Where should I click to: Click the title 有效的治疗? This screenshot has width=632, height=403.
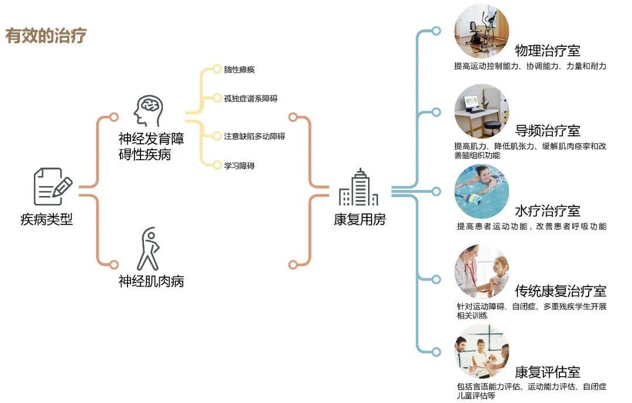pyautogui.click(x=46, y=36)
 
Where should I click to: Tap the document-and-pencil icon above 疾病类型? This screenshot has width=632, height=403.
pyautogui.click(x=53, y=187)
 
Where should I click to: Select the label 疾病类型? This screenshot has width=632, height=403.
pyautogui.click(x=47, y=220)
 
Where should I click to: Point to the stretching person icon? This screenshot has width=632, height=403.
pyautogui.click(x=147, y=249)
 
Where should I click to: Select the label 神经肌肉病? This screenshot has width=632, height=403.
pyautogui.click(x=151, y=281)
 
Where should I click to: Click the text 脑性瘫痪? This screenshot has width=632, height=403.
pyautogui.click(x=239, y=70)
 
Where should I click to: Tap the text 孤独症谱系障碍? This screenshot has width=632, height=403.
pyautogui.click(x=250, y=98)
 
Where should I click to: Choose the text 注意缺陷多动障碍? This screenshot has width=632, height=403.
pyautogui.click(x=254, y=136)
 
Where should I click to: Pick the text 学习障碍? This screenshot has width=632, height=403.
pyautogui.click(x=239, y=166)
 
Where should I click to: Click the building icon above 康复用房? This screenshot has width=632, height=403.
pyautogui.click(x=358, y=188)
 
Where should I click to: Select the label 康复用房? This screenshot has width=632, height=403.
pyautogui.click(x=360, y=220)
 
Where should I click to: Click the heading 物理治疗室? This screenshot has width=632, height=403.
pyautogui.click(x=547, y=50)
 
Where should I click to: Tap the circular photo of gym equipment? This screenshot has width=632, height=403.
pyautogui.click(x=482, y=30)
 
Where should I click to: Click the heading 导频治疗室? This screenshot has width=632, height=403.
pyautogui.click(x=547, y=130)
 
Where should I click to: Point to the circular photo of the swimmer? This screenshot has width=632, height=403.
pyautogui.click(x=482, y=191)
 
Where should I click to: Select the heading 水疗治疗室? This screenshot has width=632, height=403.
pyautogui.click(x=547, y=211)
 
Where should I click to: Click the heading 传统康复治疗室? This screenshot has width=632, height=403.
pyautogui.click(x=561, y=291)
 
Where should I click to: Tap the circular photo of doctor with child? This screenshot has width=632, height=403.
pyautogui.click(x=482, y=272)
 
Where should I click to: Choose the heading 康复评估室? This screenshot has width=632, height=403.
pyautogui.click(x=547, y=371)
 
